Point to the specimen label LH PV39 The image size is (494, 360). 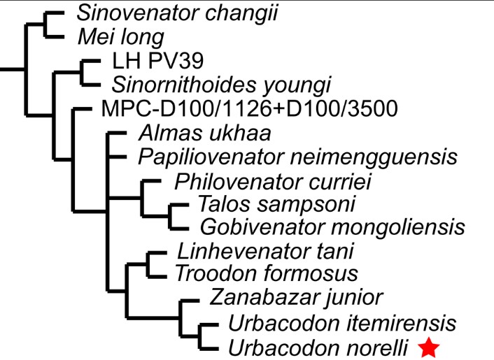[150, 63]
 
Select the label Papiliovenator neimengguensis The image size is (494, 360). [297, 156]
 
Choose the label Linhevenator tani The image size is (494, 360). [265, 250]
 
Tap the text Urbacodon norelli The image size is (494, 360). [318, 346]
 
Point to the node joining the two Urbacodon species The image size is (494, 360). [201, 334]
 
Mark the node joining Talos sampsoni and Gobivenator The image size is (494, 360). [171, 216]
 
